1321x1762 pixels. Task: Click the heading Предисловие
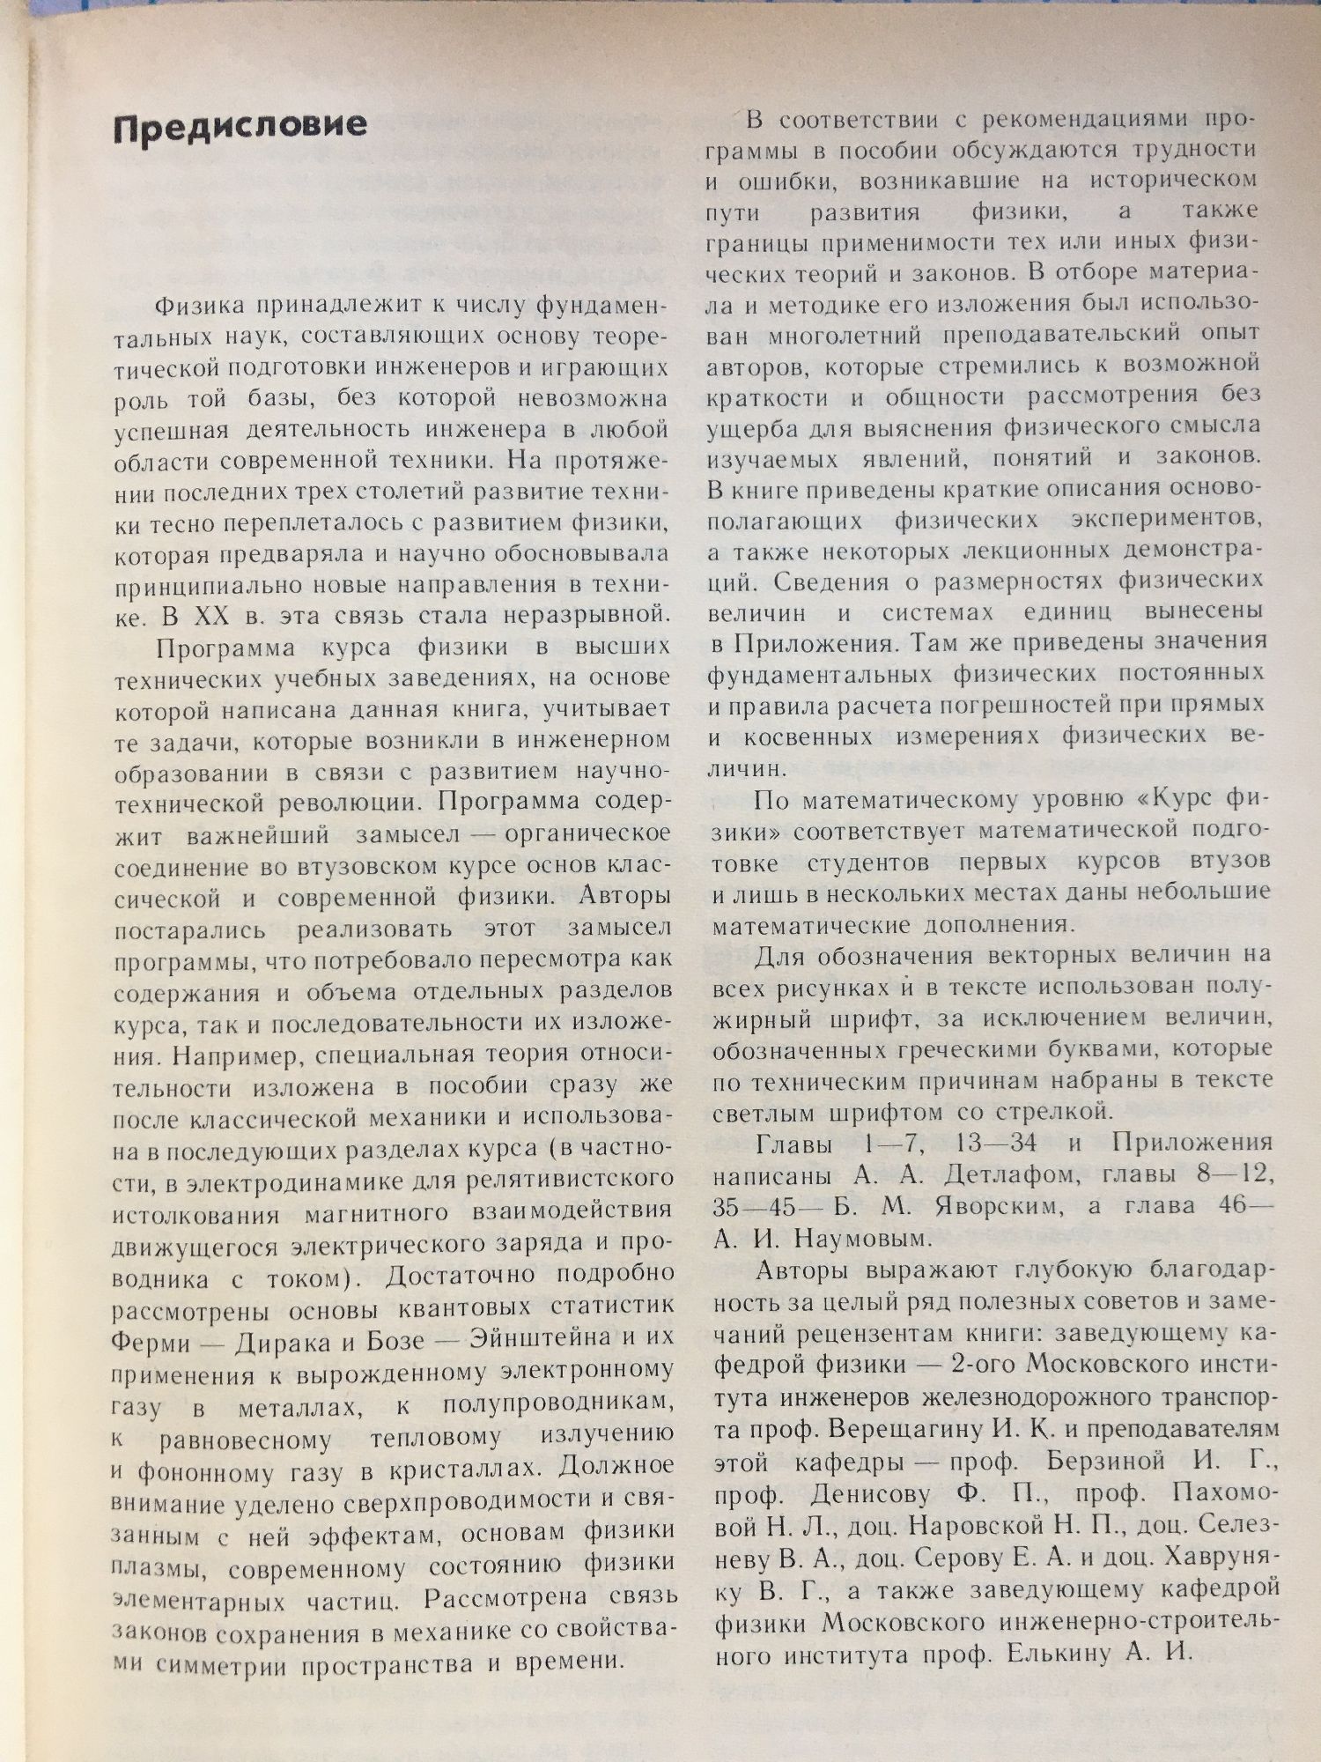[240, 124]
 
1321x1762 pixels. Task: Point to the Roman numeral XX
[205, 614]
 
